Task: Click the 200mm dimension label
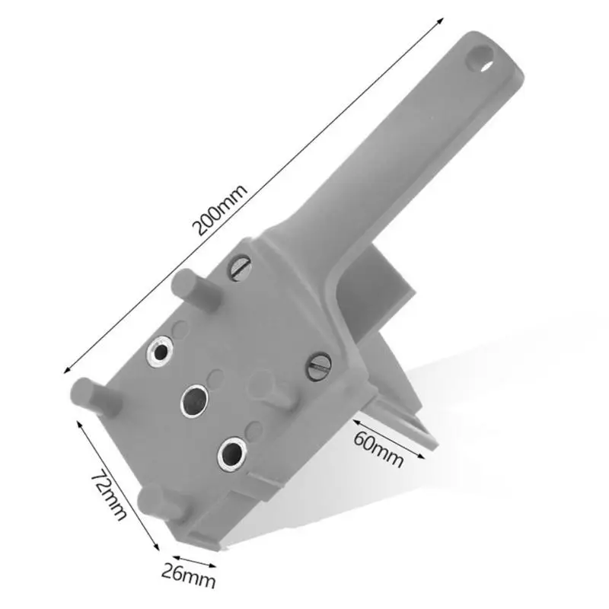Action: pyautogui.click(x=220, y=210)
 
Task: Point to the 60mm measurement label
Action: pyautogui.click(x=378, y=449)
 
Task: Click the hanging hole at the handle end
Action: pyautogui.click(x=480, y=59)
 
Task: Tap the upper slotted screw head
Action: pyautogui.click(x=241, y=267)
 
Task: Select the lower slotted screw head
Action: pyautogui.click(x=320, y=366)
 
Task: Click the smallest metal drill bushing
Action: pyautogui.click(x=161, y=352)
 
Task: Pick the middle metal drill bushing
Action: pyautogui.click(x=195, y=401)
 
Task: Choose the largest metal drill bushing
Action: pyautogui.click(x=233, y=454)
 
